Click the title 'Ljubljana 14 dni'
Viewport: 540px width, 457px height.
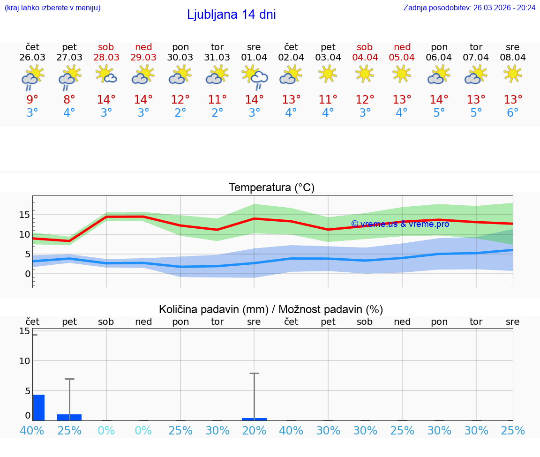tap(231, 15)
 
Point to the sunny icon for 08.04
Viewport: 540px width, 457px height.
tap(512, 74)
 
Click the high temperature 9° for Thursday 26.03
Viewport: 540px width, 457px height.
tap(32, 99)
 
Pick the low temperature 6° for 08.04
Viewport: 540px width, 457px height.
tap(512, 113)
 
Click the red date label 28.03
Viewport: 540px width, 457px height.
tap(106, 57)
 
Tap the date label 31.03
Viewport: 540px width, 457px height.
tap(217, 57)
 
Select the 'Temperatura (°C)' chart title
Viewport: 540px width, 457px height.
tap(271, 187)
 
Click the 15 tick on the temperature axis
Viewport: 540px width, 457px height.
tap(24, 215)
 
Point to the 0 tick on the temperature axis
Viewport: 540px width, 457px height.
tap(28, 274)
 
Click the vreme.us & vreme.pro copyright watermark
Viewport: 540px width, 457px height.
tap(400, 224)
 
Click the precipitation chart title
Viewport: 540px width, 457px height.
tap(271, 309)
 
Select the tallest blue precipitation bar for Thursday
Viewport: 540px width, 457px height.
tap(38, 408)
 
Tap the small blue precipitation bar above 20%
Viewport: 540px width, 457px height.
tap(254, 419)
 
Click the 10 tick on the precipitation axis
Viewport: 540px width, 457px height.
tap(24, 361)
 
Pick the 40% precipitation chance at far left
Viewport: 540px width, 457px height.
tap(32, 430)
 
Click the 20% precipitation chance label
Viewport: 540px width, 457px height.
tap(254, 430)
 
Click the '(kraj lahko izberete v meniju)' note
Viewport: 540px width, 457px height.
tap(52, 7)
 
